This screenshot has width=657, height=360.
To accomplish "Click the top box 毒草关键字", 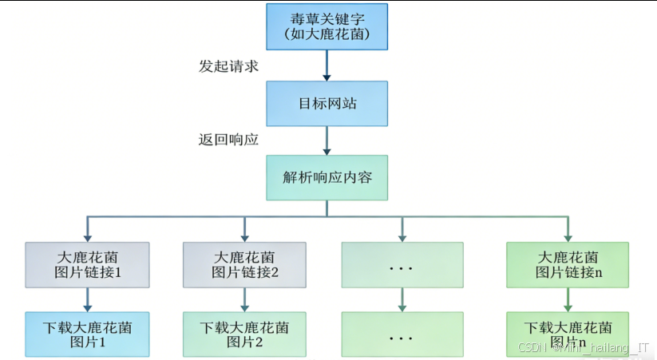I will pos(327,27).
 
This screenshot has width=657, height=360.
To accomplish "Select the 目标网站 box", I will pos(327,104).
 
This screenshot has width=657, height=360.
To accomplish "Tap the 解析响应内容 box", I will pos(327,177).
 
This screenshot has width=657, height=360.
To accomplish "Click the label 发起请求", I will pos(228,65).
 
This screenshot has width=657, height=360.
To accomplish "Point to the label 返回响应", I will pos(228,139).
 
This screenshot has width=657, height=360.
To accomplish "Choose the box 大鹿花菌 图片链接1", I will pos(88,264).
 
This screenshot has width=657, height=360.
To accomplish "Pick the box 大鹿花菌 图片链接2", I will pos(244,264).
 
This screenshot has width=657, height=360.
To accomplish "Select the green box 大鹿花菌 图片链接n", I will pos(568,264).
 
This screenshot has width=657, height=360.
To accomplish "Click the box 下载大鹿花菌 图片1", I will pos(88,334).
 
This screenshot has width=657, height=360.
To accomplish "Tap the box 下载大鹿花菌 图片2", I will pos(244,334).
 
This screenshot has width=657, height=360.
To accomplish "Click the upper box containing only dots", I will pos(401,264).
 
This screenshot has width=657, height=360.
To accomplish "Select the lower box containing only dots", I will pos(401,334).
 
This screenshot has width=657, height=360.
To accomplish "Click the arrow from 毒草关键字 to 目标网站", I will pos(327,65).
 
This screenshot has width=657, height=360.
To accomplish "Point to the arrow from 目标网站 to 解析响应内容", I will pos(327,140).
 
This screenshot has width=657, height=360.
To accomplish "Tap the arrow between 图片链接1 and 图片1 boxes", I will pos(88,299).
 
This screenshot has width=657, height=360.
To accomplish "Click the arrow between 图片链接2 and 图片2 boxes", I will pos(244,299).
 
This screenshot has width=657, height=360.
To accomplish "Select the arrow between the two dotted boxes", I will pos(401,299).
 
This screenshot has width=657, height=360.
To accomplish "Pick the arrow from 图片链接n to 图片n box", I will pos(568,299).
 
